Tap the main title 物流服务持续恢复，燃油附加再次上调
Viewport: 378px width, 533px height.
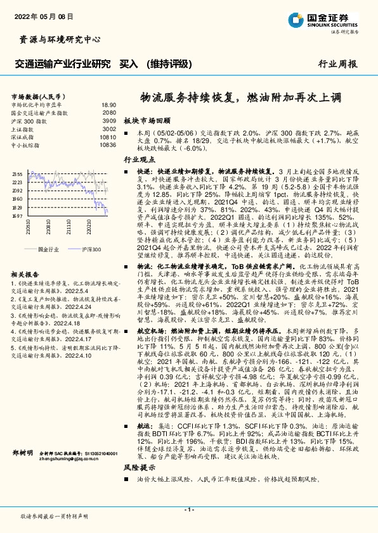[240, 98]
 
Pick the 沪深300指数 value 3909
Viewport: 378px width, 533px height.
[110, 120]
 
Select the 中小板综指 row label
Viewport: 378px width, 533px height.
[30, 145]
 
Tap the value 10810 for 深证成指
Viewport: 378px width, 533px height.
[108, 137]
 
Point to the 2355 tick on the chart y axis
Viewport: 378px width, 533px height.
[17, 173]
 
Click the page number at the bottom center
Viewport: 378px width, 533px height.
[188, 509]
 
